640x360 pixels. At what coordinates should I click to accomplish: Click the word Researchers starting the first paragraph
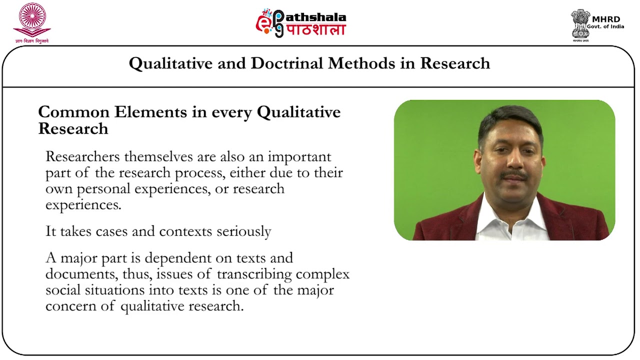coord(82,156)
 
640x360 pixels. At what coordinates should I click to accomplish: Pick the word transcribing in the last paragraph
coord(261,274)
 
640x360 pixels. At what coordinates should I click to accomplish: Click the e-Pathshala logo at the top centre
coord(300,23)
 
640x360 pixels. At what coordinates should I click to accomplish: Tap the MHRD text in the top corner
coord(606,19)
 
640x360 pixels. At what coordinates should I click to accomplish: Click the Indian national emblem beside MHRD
coord(580,23)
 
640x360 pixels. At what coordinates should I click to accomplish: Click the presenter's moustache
coord(514,175)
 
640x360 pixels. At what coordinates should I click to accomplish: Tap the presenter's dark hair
coord(510,117)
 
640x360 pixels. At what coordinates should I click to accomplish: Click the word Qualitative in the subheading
coord(298,112)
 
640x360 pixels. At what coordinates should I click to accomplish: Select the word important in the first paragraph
coord(299,156)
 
